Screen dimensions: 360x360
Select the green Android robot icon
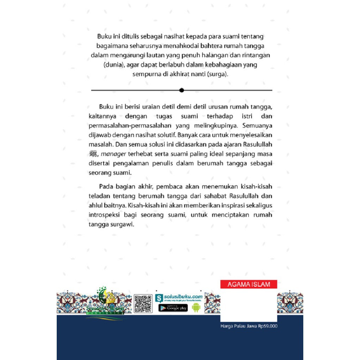tap(195, 308)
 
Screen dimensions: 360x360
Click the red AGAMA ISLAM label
tap(249, 284)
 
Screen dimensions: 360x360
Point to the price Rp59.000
tap(268, 326)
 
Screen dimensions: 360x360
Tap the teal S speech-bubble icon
tap(159, 298)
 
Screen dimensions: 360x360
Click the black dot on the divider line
tap(181, 90)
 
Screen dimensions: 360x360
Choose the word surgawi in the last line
tap(123, 224)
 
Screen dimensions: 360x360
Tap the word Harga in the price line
tap(228, 326)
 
